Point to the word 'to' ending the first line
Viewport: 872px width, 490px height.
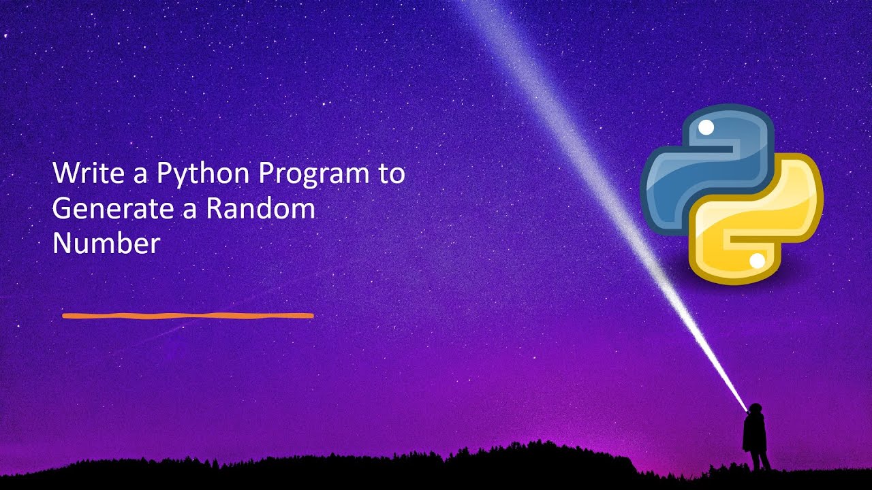(x=391, y=174)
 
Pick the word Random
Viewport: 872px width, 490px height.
(x=260, y=209)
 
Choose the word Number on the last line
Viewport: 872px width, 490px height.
(x=106, y=244)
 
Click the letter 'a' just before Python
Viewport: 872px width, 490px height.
(x=140, y=176)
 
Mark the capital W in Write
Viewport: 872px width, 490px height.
(x=65, y=174)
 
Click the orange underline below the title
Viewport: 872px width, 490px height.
(x=187, y=316)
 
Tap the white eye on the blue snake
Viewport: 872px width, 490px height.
(x=706, y=127)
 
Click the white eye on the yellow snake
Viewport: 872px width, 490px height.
(x=756, y=261)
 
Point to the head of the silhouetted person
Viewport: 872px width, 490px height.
(x=754, y=409)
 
